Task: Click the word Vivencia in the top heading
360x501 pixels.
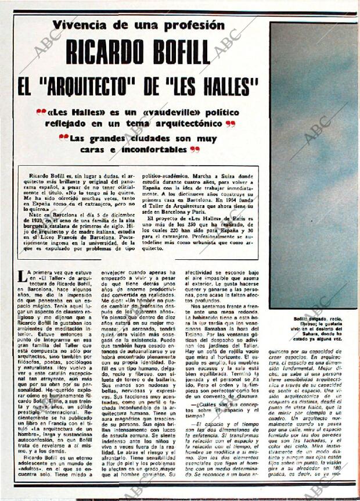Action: coord(80,25)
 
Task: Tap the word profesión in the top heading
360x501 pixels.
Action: coord(195,25)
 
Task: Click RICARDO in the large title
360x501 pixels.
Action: coord(101,52)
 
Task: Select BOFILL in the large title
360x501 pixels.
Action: coord(178,52)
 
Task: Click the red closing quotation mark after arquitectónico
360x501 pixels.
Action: coord(231,124)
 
